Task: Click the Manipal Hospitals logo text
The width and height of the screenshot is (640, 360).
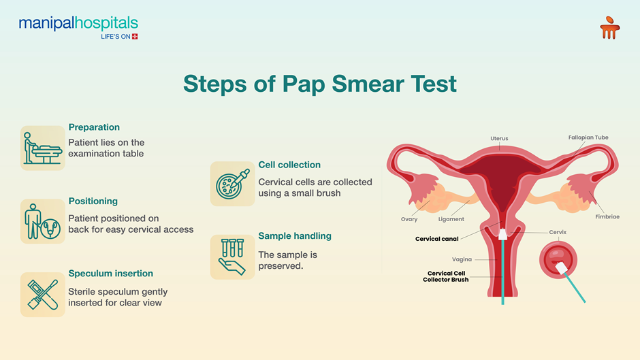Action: click(78, 23)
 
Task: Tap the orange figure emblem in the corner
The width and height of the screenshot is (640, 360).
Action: click(610, 28)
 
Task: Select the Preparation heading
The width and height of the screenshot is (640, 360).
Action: click(94, 127)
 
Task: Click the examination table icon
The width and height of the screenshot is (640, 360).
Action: click(43, 148)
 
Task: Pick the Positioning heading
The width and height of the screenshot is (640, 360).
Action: click(93, 201)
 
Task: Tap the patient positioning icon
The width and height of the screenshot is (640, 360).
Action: click(43, 221)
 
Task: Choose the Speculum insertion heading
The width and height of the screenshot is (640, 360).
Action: click(110, 274)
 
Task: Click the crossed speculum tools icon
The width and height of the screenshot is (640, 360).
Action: click(43, 295)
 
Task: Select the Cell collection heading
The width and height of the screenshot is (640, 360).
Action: click(289, 165)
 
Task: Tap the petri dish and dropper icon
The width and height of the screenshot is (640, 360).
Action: click(233, 184)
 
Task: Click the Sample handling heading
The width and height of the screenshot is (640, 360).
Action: click(295, 236)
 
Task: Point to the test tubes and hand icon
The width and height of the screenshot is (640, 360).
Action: click(233, 257)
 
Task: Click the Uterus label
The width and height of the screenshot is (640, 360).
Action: click(499, 138)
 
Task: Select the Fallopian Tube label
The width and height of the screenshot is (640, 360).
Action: click(588, 137)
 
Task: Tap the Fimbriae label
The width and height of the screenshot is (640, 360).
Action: click(607, 216)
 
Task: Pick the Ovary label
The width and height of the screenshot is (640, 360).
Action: click(409, 219)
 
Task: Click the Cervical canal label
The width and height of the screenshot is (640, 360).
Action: click(436, 239)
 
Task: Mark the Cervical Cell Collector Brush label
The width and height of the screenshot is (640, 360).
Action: click(446, 276)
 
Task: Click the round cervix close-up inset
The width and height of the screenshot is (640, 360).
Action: click(558, 260)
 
